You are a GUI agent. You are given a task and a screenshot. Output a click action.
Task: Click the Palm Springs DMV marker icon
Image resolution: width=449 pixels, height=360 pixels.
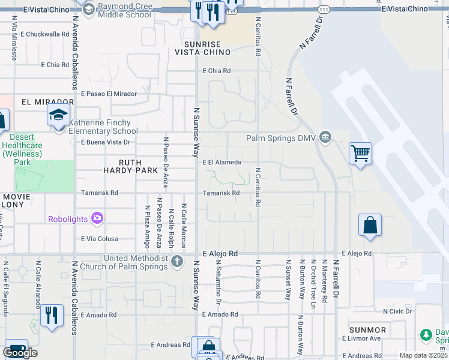pyautogui.click(x=325, y=138)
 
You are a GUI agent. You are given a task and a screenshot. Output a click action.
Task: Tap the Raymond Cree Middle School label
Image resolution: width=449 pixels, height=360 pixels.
pyautogui.click(x=124, y=10)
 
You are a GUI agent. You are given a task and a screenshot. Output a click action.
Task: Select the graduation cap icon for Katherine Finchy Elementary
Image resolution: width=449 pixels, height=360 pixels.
pyautogui.click(x=59, y=115)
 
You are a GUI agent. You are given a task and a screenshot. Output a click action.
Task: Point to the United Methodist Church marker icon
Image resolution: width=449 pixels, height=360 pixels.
pyautogui.click(x=176, y=262)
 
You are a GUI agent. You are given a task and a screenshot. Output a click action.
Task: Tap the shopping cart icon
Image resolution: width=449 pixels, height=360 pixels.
pyautogui.click(x=360, y=154)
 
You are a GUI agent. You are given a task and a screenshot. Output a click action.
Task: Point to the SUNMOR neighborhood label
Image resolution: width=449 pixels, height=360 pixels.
pyautogui.click(x=368, y=330)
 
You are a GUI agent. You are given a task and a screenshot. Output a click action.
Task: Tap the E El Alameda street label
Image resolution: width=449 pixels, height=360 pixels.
pyautogui.click(x=221, y=162)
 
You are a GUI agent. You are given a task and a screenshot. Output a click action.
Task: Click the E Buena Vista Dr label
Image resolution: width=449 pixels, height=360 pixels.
pyautogui.click(x=106, y=142)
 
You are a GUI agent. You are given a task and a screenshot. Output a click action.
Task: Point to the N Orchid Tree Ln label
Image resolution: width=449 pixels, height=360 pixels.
pyautogui.click(x=313, y=280)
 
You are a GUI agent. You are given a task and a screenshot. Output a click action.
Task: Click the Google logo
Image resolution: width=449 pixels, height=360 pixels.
pyautogui.click(x=20, y=352)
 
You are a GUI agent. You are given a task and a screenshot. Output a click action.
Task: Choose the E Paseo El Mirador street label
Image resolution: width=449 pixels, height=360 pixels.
pyautogui.click(x=109, y=94)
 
